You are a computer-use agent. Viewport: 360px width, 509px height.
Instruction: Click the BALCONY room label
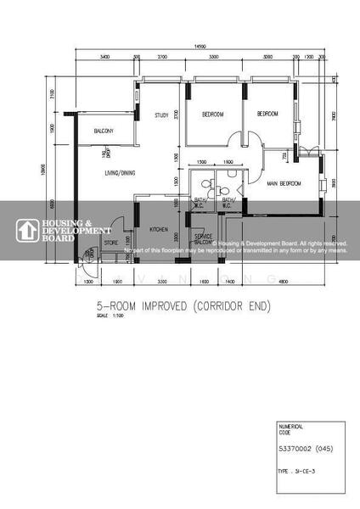104,131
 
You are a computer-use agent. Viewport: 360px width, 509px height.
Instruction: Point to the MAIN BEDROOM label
285,183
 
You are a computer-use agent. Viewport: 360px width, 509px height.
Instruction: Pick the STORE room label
111,243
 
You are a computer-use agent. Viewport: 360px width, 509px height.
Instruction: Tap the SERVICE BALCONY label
204,238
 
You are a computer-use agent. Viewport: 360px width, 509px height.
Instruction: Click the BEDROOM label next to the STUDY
212,114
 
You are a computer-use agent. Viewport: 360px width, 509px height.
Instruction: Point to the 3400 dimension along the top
104,56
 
